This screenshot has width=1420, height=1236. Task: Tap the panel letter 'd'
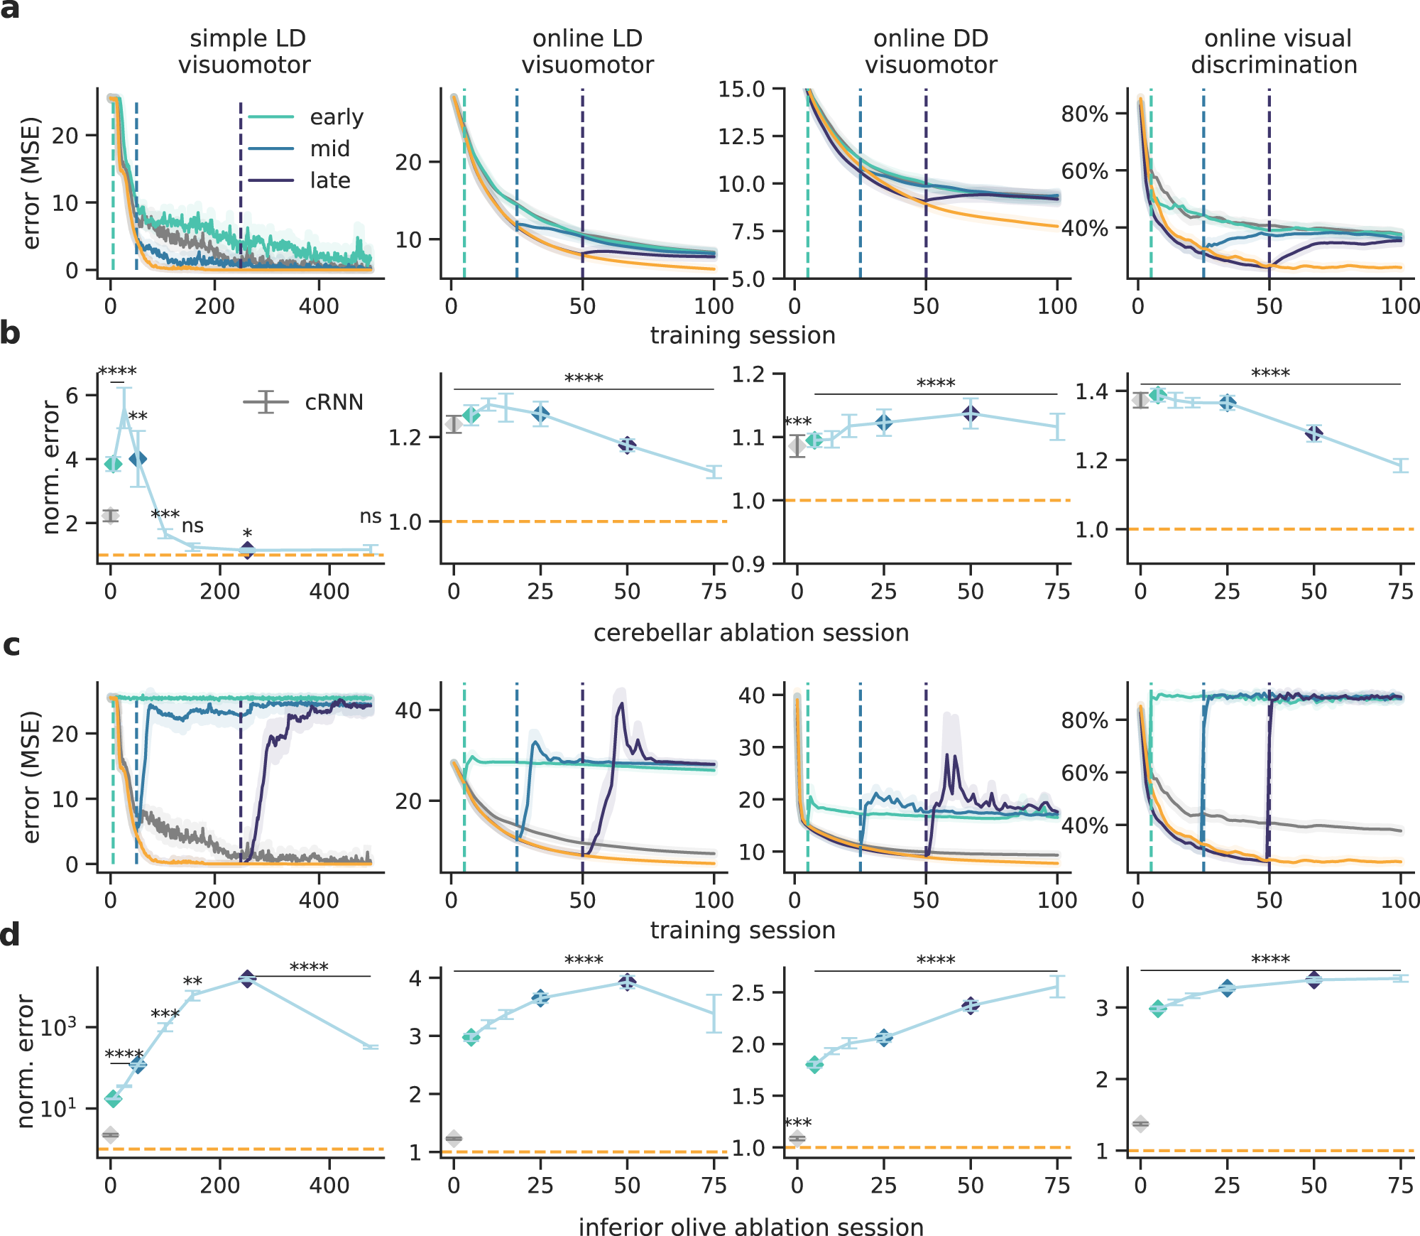click(10, 935)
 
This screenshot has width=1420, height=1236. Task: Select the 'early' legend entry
click(336, 116)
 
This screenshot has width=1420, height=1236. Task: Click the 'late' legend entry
click(329, 180)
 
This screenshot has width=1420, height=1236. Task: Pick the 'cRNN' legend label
click(334, 403)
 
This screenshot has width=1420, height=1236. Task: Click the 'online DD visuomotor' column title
click(930, 51)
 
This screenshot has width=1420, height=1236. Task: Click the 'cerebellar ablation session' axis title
click(750, 632)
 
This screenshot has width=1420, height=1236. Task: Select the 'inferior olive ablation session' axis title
click(750, 1227)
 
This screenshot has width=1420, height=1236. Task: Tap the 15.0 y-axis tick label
click(741, 90)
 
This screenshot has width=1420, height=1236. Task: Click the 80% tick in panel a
click(1084, 114)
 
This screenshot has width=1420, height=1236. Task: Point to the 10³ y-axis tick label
click(58, 1026)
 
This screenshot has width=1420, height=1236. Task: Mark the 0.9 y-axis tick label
click(748, 565)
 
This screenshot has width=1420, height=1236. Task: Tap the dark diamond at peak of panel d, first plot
click(246, 980)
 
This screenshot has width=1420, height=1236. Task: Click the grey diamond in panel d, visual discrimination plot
click(1140, 1123)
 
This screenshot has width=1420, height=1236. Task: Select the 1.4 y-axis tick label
click(1091, 391)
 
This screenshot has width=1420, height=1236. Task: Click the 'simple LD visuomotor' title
click(246, 51)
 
